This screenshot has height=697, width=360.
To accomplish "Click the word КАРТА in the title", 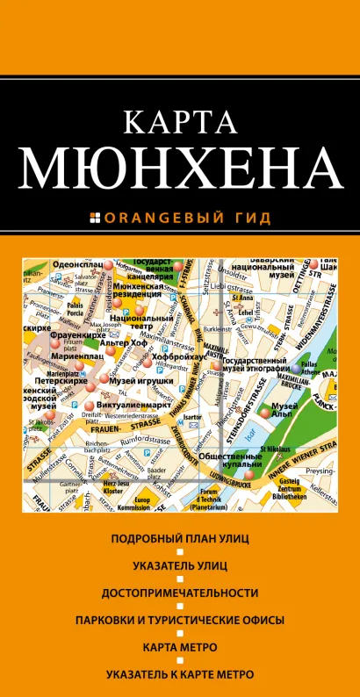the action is coord(180,124).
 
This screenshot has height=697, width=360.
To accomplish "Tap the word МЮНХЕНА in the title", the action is coord(180,172).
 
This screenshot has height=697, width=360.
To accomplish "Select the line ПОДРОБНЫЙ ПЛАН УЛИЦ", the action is coord(179,536).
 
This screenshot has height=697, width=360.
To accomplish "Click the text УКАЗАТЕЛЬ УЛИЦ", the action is coord(179,564).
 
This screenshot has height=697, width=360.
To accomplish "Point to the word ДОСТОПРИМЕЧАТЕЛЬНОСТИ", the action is coord(179,593).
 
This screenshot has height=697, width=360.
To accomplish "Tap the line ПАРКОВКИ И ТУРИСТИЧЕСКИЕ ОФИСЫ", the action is coord(179,621).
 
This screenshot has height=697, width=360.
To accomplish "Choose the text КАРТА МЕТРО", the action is coord(179,648).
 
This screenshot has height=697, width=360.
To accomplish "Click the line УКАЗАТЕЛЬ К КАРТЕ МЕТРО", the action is coord(179,675).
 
